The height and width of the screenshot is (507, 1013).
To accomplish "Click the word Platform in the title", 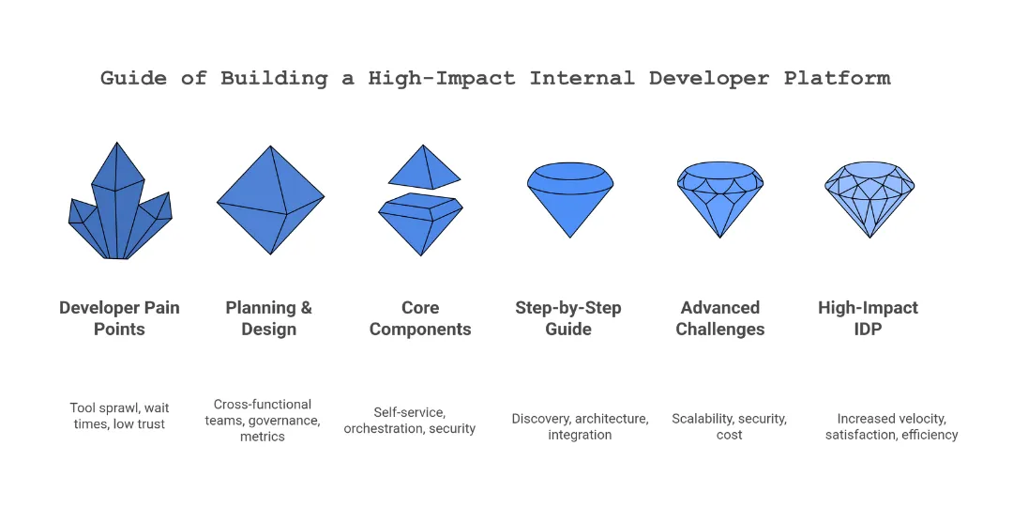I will [837, 78].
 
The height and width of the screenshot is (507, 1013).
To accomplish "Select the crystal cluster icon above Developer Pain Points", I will [119, 207].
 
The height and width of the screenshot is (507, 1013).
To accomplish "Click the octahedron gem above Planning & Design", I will [270, 200].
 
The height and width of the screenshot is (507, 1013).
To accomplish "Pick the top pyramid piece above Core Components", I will [424, 169].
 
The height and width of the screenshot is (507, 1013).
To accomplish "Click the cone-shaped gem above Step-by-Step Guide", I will [570, 199].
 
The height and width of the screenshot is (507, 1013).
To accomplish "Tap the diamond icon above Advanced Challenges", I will [720, 199].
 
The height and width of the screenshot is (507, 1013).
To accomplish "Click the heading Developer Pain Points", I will [119, 318].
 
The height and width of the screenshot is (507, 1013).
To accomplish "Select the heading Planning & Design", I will [269, 318].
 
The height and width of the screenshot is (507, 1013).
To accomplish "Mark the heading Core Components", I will [420, 318].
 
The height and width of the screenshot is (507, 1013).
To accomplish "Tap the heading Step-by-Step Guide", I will [568, 318].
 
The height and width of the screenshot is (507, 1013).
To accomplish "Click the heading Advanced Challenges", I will [720, 318].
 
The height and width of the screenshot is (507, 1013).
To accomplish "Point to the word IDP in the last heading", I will [869, 330].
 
